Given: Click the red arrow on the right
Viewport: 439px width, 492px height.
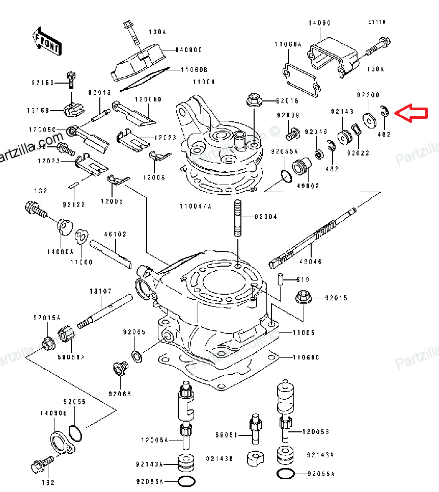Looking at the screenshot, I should pos(411,113).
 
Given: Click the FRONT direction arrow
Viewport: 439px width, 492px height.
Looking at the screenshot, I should pos(46,41).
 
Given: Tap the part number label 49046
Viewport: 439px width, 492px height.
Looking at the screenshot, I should pos(310,262).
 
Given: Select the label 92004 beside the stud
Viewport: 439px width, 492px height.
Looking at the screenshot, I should pos(266,217).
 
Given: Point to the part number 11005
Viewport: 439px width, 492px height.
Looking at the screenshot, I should pos(304,332).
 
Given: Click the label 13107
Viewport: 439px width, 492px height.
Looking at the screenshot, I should pos(101,292).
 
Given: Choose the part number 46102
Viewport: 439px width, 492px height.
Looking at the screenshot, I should pos(115,235).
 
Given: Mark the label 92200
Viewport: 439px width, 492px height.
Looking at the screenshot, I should pos(368,95).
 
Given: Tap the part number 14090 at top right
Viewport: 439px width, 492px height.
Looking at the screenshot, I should pos(319,23).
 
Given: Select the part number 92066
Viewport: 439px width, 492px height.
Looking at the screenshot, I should pos(119,394).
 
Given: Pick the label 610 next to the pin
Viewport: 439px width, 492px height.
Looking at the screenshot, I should pos(303,280).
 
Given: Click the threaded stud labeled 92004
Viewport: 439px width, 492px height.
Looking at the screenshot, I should pos(237,218).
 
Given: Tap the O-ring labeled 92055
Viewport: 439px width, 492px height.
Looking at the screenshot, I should pos(76,433).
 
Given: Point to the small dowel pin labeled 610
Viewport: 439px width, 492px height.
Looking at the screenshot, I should pos(280,280).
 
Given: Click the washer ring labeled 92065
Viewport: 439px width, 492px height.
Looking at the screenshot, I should pos(136,355).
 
